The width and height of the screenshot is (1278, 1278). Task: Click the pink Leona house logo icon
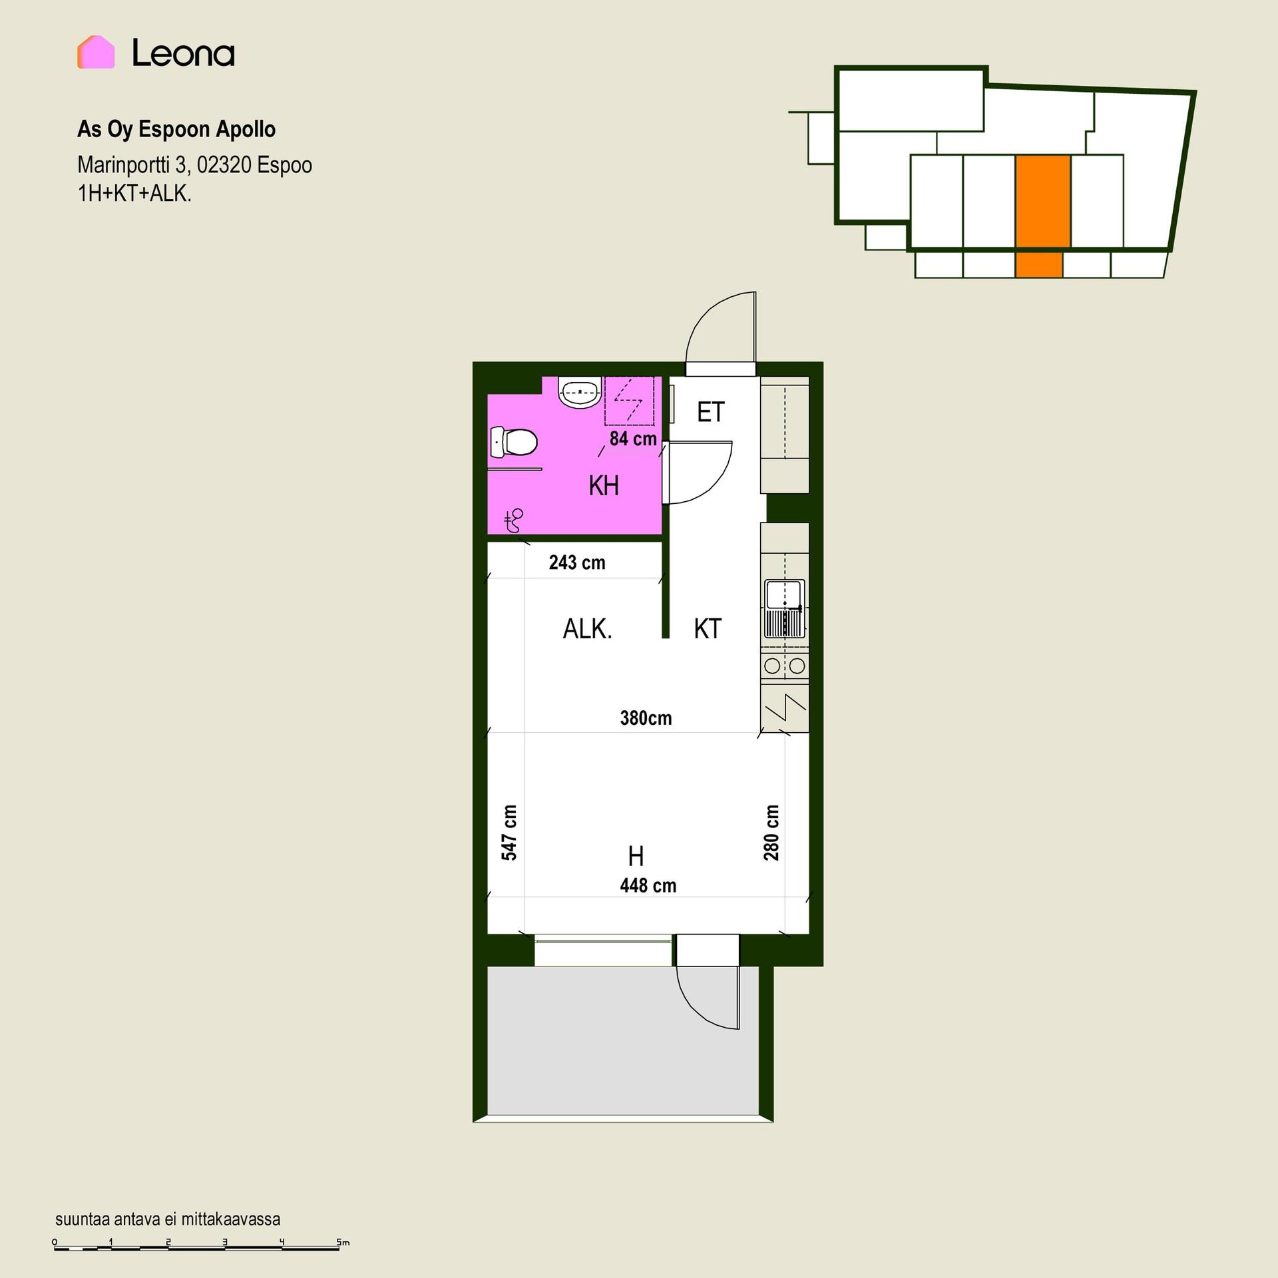tap(96, 52)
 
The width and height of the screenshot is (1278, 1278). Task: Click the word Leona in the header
tap(183, 53)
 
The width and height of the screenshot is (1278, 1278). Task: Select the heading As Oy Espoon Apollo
tap(176, 129)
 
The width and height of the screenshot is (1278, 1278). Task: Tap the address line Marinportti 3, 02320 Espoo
tap(194, 164)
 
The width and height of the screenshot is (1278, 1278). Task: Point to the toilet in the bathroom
tap(513, 442)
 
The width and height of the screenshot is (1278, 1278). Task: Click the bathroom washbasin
tap(580, 393)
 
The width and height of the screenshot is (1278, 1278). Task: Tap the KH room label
tap(604, 486)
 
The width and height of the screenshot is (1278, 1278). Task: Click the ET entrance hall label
tap(710, 412)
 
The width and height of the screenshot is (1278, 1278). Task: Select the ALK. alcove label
tap(587, 629)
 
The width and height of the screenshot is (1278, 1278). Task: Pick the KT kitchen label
tap(708, 628)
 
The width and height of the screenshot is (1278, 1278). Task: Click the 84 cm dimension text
tap(633, 439)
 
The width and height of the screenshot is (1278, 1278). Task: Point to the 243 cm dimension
tap(577, 562)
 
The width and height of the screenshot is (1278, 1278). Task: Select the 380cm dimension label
tap(646, 718)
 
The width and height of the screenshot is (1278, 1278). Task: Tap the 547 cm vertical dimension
tap(509, 833)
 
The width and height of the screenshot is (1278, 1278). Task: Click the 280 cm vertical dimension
tap(771, 833)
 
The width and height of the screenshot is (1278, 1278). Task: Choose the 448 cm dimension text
tap(648, 885)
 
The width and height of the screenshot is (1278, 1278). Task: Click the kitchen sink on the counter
tap(785, 608)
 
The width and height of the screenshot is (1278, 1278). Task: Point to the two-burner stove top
tap(785, 665)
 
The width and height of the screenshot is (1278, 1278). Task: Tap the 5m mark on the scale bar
tap(343, 1242)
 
